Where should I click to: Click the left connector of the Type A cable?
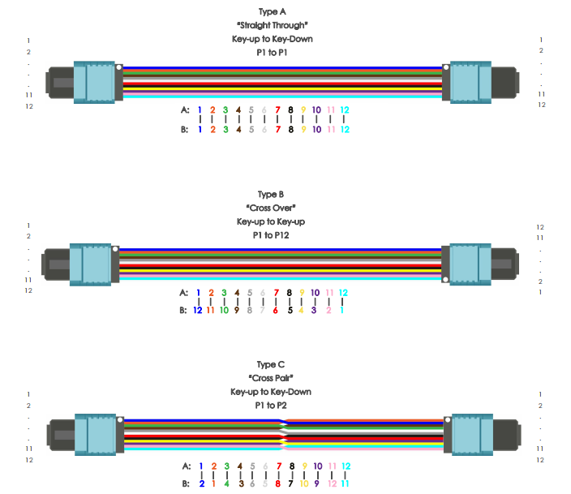click(85, 81)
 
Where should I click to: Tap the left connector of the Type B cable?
click(81, 264)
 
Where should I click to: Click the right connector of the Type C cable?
click(483, 433)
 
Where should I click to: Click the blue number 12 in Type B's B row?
click(197, 310)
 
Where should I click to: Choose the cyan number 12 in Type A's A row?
click(345, 110)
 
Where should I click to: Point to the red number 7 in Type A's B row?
click(277, 129)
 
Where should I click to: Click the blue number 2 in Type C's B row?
click(201, 483)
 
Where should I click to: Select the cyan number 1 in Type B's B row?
click(342, 310)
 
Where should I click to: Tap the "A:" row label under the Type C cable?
click(186, 466)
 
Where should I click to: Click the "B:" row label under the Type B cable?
click(183, 310)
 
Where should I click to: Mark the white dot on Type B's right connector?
click(445, 279)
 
